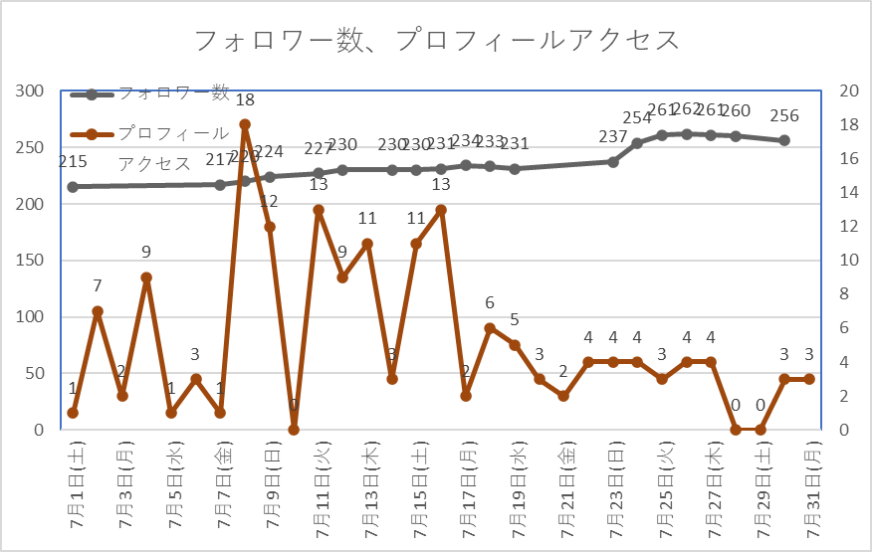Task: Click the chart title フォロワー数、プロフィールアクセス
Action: (x=436, y=40)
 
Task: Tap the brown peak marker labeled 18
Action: (x=245, y=125)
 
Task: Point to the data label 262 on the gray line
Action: (x=687, y=110)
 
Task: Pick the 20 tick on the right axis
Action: (x=849, y=92)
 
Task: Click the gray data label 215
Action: (x=73, y=161)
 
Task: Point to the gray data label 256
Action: (x=784, y=116)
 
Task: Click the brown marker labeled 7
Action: (x=98, y=311)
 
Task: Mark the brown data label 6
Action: (x=490, y=302)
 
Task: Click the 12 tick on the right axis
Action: (x=849, y=227)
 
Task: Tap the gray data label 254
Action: (x=637, y=118)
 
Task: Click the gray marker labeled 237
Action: (x=613, y=161)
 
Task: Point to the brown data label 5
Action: (x=515, y=319)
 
